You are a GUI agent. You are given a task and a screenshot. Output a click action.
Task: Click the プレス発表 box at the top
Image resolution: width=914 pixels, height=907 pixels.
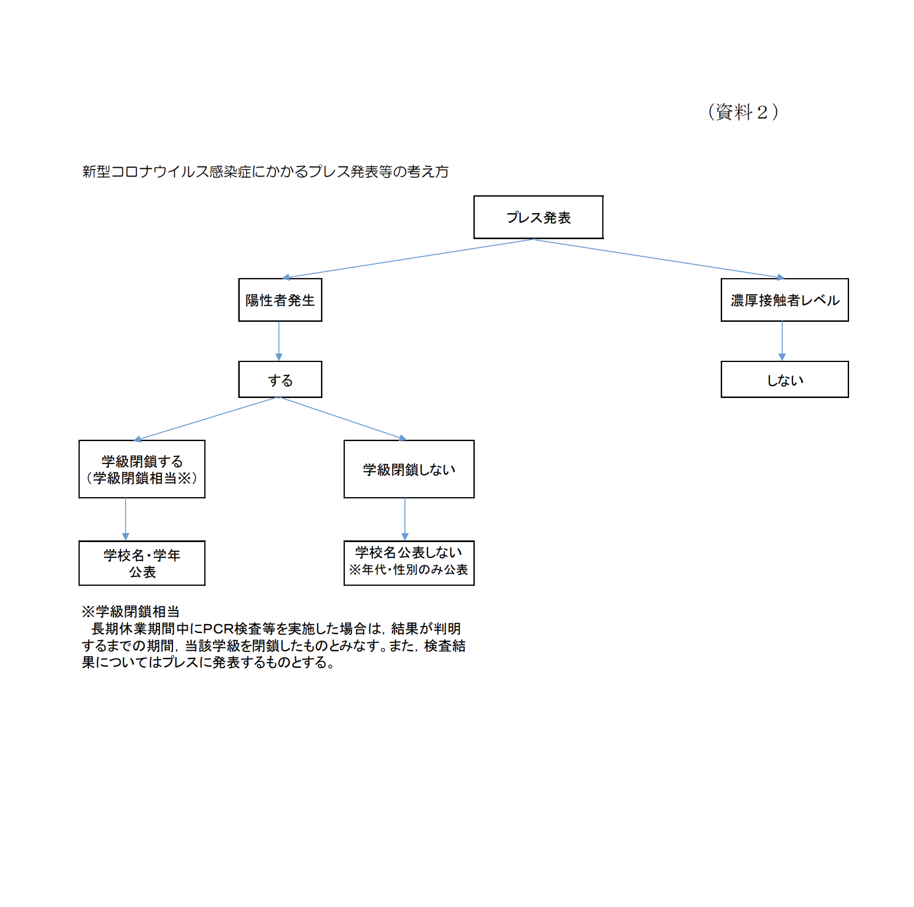[538, 217]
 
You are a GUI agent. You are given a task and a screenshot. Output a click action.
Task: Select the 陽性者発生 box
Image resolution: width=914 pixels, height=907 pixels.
[280, 300]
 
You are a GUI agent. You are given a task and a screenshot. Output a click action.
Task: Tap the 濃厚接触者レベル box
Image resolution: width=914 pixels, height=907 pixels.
[785, 300]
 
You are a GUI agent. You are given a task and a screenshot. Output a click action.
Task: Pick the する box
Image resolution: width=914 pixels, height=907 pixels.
[280, 380]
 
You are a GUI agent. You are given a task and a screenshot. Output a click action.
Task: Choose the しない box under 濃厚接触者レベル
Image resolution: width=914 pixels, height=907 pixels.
[785, 380]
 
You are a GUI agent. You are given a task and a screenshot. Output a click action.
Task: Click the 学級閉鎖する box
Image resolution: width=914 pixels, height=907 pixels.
[142, 469]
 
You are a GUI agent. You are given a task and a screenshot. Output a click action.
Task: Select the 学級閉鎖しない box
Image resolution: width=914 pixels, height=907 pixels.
[409, 469]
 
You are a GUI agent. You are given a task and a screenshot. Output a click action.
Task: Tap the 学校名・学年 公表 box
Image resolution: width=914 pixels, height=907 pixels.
[142, 563]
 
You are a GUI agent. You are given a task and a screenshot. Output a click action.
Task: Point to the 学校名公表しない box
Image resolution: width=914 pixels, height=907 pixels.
[409, 563]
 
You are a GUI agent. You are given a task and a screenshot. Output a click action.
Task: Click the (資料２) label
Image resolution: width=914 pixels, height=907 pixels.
[743, 112]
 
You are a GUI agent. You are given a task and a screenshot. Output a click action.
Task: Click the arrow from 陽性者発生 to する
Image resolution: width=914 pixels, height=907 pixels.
[279, 341]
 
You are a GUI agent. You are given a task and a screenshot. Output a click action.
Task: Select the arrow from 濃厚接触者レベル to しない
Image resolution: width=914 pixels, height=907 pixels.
[782, 341]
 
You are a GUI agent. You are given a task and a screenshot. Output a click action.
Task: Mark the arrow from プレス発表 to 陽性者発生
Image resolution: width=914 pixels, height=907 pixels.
[408, 259]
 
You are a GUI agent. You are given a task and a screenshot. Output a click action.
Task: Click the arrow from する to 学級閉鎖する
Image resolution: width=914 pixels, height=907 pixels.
[206, 419]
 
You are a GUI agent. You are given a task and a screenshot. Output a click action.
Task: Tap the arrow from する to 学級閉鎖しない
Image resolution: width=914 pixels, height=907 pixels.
[343, 419]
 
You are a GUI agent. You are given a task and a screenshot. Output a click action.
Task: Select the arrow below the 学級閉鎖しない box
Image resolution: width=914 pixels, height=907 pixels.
[405, 520]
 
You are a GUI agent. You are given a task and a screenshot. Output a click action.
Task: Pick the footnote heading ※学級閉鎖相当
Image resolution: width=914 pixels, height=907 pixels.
[130, 612]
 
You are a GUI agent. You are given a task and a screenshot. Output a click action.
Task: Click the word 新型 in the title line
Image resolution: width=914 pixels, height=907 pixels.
[96, 172]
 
